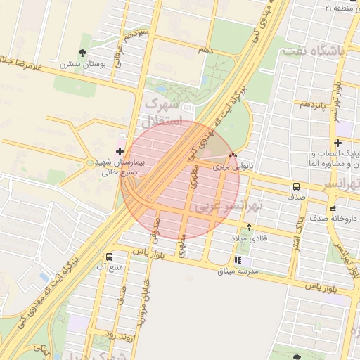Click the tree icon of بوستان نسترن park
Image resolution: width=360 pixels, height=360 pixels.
(x=83, y=52)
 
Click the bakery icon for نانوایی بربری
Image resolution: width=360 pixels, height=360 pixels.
(x=233, y=155)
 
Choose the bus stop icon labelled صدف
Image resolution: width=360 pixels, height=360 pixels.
(x=296, y=187)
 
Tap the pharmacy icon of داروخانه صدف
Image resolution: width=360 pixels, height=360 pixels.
(x=333, y=208)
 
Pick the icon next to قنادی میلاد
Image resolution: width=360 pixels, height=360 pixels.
(x=249, y=227)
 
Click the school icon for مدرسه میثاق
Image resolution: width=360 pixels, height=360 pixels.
(x=247, y=260)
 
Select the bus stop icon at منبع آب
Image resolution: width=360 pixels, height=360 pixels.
(x=108, y=257)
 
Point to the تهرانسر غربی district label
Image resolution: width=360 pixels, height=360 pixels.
(x=229, y=207)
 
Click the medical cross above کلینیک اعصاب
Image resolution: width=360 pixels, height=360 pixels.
(x=337, y=143)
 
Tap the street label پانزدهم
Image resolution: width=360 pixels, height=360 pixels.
(x=312, y=104)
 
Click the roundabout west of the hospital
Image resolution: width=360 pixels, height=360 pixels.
(x=89, y=163)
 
